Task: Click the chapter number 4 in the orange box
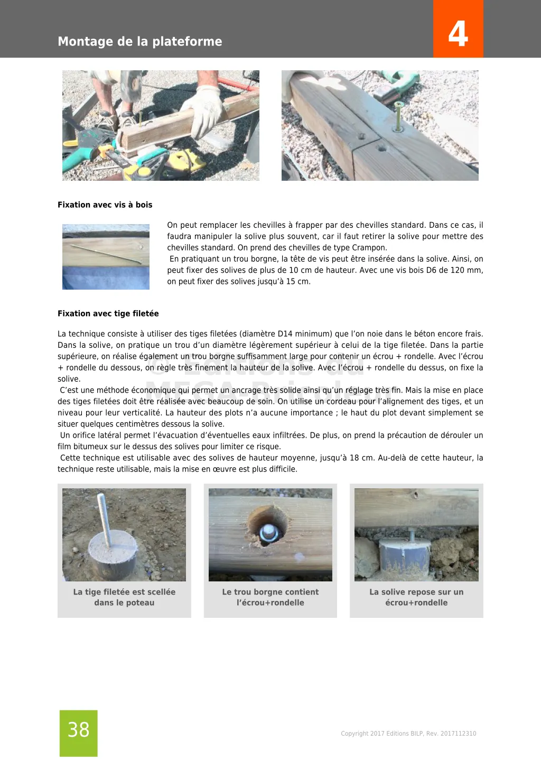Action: [x=458, y=33]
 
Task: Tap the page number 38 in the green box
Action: [x=79, y=730]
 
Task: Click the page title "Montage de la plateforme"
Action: [x=140, y=41]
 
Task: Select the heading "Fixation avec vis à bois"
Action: [x=105, y=205]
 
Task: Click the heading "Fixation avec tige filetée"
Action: [x=108, y=313]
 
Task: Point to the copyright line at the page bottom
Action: [x=408, y=733]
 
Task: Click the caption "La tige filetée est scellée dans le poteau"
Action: [x=124, y=597]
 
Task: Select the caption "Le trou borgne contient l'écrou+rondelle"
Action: [x=270, y=597]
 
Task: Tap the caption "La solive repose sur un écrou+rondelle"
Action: [x=416, y=597]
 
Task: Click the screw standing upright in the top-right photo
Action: [x=397, y=116]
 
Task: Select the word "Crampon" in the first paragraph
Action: [x=369, y=247]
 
